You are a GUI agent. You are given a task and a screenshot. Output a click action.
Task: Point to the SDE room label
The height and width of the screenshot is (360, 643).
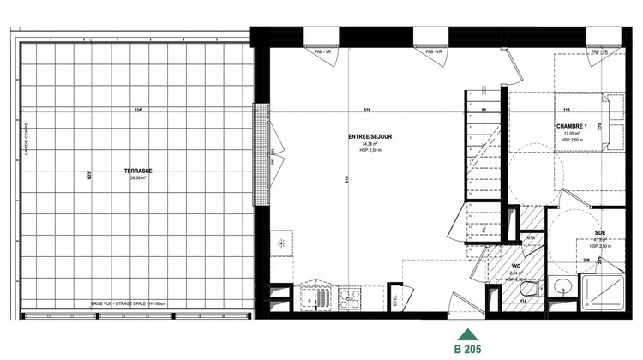pyautogui.click(x=601, y=233)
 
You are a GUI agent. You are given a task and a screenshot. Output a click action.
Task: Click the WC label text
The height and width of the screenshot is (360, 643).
pyautogui.click(x=516, y=266)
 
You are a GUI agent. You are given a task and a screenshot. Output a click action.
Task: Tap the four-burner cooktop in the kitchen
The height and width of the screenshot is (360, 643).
pyautogui.click(x=351, y=298)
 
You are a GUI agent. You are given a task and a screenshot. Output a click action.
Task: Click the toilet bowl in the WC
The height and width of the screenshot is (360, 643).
pyautogui.click(x=520, y=299)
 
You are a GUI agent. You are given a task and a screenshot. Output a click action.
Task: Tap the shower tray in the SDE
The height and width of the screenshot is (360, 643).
pyautogui.click(x=602, y=291)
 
